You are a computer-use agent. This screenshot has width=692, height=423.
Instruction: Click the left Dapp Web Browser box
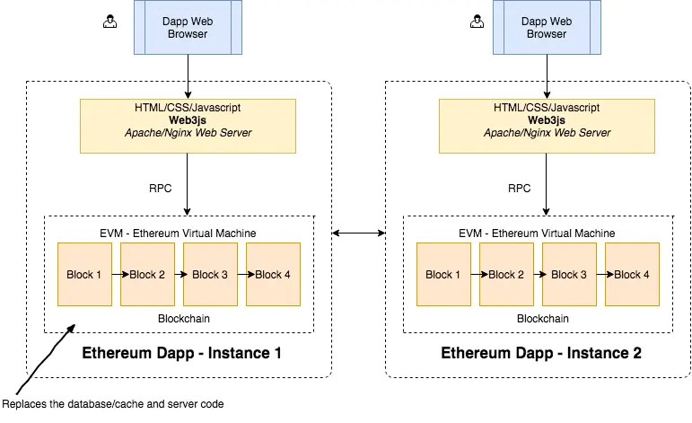pos(188,28)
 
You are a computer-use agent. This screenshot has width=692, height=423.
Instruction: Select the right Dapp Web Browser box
pos(547,28)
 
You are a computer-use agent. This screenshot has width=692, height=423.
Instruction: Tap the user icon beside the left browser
pos(110,22)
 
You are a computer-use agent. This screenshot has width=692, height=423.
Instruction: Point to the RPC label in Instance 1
pos(160,189)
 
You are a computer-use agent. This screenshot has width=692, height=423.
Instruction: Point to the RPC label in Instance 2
pos(519,189)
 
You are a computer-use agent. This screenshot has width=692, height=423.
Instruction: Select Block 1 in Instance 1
pos(84,275)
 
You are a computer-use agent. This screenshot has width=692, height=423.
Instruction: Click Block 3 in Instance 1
pos(210,275)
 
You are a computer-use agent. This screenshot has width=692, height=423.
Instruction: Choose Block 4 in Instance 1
pos(273,275)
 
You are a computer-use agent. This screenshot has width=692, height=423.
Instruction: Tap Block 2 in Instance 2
pos(506,275)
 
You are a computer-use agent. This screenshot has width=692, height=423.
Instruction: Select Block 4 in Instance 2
pos(632,275)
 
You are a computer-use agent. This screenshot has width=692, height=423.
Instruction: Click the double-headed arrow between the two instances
pos(358,234)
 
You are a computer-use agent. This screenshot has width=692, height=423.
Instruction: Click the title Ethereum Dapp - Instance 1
pos(182,353)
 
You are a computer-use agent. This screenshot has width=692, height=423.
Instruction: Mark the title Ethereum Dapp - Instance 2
pos(541,353)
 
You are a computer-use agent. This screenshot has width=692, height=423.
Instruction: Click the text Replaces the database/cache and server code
pos(113,404)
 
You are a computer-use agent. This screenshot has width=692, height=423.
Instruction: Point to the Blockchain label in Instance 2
pos(543,318)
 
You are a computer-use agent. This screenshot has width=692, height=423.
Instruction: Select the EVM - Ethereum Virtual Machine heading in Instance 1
pos(179,233)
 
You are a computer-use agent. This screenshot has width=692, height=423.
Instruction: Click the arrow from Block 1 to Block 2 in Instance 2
pos(475,275)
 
